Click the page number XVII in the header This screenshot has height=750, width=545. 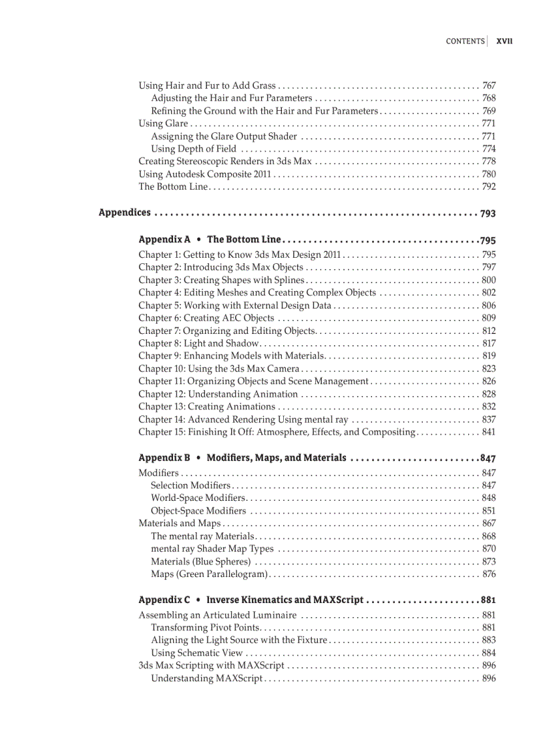[x=504, y=41]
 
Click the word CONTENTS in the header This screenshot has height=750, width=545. [x=465, y=41]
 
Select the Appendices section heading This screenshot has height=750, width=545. [x=125, y=212]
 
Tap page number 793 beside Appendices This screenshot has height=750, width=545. [x=488, y=214]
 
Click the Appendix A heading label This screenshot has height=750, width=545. [x=164, y=239]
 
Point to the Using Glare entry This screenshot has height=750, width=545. [x=163, y=124]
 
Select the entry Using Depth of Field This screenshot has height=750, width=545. [x=193, y=149]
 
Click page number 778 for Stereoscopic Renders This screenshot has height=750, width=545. [x=488, y=162]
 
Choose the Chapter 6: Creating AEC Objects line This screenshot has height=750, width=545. [x=206, y=318]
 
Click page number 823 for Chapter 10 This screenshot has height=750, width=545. [x=488, y=369]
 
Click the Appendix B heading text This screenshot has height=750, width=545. [x=164, y=458]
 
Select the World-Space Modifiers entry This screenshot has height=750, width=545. [x=198, y=498]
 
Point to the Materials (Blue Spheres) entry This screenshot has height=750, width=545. [x=200, y=562]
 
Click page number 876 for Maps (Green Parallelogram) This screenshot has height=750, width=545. [x=488, y=574]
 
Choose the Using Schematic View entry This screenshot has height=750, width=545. [x=196, y=653]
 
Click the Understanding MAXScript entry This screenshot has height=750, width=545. [x=206, y=679]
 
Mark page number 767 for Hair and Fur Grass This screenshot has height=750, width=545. [x=488, y=86]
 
